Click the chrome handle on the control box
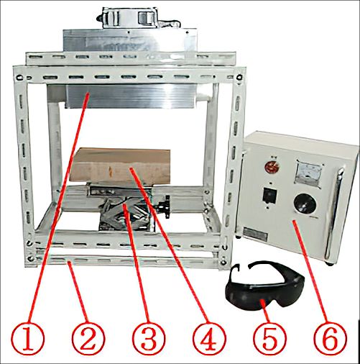click(331, 209)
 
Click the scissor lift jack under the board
click(122, 212)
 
